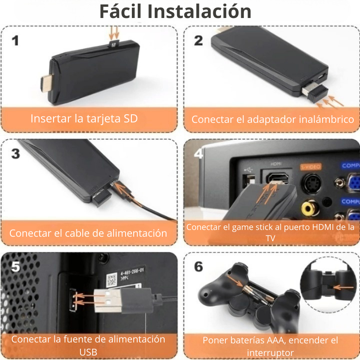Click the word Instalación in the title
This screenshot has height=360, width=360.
199,12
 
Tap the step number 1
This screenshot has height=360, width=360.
15,40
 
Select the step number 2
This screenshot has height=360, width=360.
198,40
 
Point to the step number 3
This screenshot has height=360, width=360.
16,153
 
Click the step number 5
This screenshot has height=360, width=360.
16,266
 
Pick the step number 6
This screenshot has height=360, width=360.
198,266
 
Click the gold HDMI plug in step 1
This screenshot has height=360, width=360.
47,83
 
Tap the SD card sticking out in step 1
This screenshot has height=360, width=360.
114,44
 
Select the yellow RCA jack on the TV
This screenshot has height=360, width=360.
310,208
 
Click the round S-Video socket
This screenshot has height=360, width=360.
310,183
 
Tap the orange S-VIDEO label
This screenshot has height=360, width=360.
310,167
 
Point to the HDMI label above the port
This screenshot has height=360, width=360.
276,164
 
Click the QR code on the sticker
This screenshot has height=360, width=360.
112,280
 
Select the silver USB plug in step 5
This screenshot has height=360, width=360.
108,300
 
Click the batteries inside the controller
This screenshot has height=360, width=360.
259,295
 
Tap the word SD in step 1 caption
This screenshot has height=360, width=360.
130,118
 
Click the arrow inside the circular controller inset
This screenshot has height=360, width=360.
343,287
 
